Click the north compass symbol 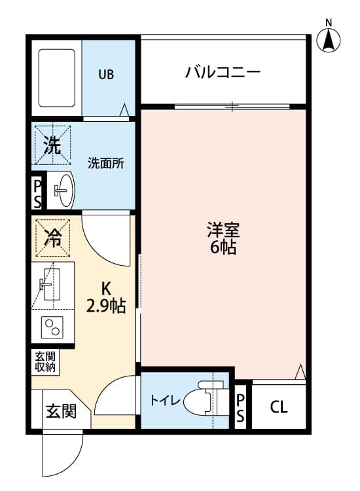[329, 39]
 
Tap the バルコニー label [223, 71]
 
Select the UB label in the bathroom [106, 74]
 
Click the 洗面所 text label [106, 164]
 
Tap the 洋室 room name [223, 230]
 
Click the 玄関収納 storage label [46, 362]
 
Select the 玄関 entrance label [61, 411]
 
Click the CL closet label [278, 407]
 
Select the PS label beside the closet [240, 407]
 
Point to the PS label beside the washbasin [37, 192]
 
